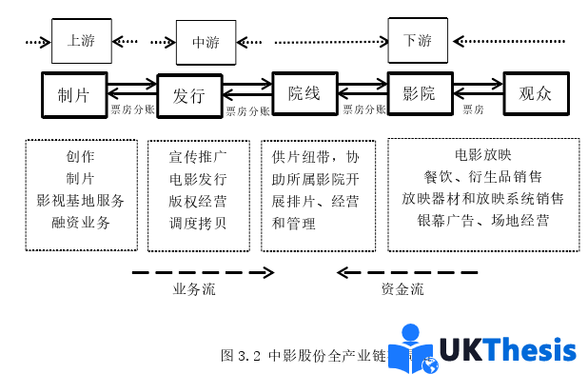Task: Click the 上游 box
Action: coord(80,41)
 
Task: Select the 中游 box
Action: coord(206,42)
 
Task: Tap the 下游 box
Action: coord(418,41)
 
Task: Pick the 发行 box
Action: coord(188,95)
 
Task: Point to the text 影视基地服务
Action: coord(80,201)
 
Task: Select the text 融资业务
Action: coord(80,223)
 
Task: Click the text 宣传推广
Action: coord(198,156)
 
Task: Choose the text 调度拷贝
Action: coord(198,224)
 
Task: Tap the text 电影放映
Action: coord(482,154)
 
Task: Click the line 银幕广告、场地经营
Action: coord(482,221)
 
